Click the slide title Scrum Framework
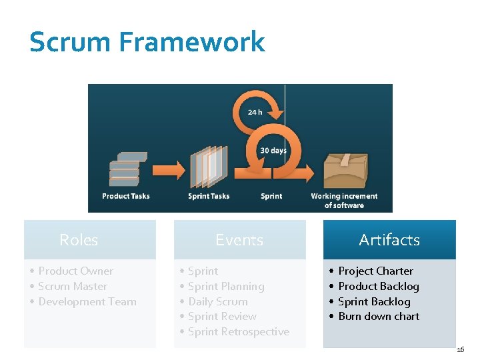pos(147,42)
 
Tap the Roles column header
pos(79,240)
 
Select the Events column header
pos(239,240)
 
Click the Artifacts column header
pos(389,240)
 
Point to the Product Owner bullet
pos(75,271)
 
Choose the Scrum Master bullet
pos(73,286)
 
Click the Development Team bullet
pos(87,301)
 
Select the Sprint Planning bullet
pos(226,286)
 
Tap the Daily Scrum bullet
pos(217,301)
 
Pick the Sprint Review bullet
pos(222,316)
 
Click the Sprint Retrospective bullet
pos(238,331)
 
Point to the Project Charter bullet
pos(375,271)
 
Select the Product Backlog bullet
pos(379,286)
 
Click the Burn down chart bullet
pos(379,316)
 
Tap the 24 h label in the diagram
pos(255,112)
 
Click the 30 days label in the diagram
pos(273,151)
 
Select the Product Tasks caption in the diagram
pos(126,196)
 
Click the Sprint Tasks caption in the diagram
pos(209,196)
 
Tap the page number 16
pos(461,349)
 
